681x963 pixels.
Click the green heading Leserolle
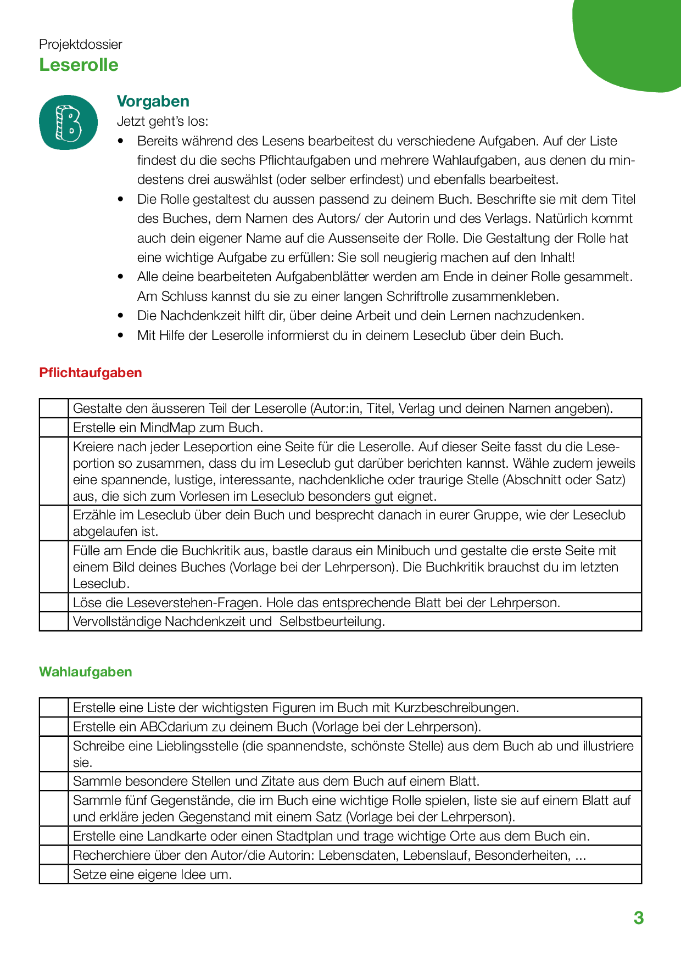79,65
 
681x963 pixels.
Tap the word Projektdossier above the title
80,44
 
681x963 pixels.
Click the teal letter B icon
68,122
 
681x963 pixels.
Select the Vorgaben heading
153,101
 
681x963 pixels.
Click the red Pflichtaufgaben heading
90,373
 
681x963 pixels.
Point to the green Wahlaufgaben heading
85,672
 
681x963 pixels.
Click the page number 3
638,918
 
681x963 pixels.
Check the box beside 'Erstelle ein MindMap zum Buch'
54,427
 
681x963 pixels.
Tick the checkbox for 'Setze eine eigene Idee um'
54,874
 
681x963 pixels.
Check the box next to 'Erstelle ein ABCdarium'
54,726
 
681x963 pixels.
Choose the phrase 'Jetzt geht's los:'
163,121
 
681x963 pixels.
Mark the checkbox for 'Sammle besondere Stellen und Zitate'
54,781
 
